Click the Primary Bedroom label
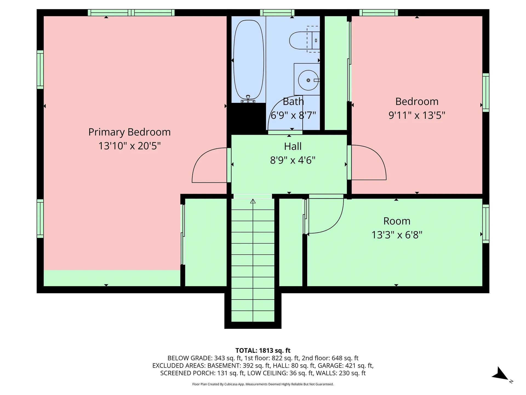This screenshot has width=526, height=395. pos(129,132)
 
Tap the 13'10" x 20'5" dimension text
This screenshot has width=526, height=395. pos(129,146)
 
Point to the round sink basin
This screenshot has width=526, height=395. pos(308,80)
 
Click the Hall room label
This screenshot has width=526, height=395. pos(293,146)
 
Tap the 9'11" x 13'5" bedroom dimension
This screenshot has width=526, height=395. pos(417,115)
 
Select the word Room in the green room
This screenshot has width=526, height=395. pos(397,221)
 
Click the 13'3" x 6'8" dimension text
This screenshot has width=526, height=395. pos(397,235)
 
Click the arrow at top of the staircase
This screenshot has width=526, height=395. pos(253,201)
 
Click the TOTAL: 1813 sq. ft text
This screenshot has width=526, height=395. pos(263,351)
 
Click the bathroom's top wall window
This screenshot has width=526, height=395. pos(277,13)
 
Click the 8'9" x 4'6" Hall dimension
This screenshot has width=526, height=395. pos(293,160)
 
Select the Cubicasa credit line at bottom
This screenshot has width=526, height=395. pos(263,384)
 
